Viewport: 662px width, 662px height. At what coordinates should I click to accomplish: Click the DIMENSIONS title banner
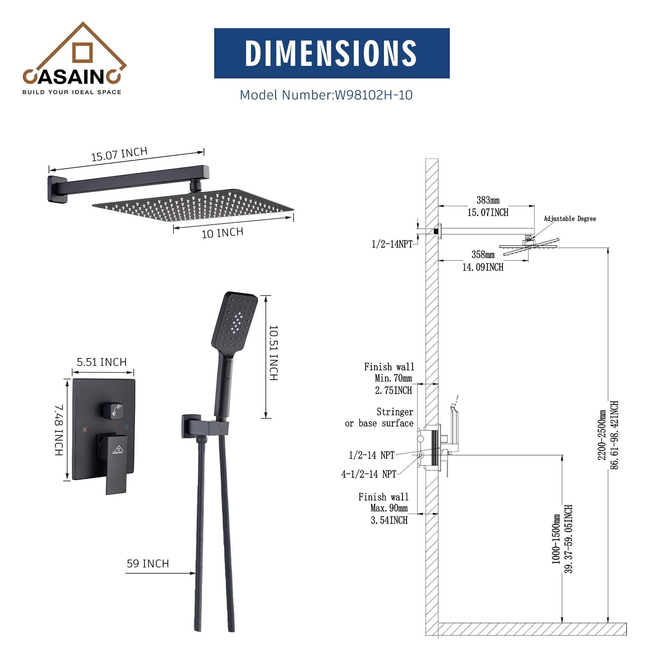(331, 53)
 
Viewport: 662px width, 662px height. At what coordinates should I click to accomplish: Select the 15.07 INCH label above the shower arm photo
(119, 154)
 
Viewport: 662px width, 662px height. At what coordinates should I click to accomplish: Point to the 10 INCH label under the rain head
(222, 233)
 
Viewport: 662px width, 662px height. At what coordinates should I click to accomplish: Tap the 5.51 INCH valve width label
(101, 362)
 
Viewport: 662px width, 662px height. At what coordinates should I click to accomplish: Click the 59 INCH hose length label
(148, 564)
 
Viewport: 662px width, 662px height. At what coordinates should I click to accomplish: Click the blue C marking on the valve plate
(127, 427)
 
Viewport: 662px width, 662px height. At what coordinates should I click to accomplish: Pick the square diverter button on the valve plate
(114, 410)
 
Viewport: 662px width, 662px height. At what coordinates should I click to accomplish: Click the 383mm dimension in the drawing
(488, 200)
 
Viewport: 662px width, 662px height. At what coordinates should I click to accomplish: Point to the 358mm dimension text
(483, 255)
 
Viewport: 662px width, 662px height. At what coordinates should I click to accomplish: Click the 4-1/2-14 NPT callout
(369, 474)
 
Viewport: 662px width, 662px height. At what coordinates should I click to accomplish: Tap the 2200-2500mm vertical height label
(602, 435)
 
